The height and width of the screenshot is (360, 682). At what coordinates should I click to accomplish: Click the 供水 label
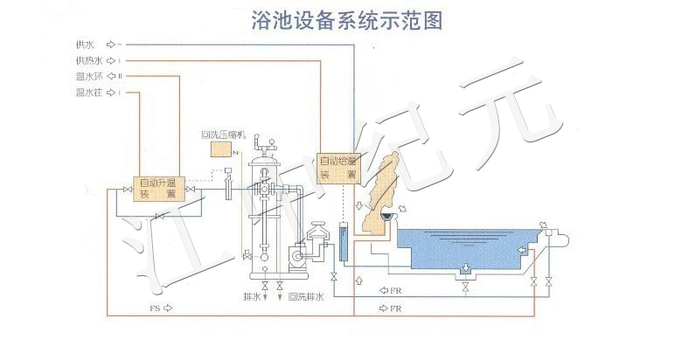coord(86,43)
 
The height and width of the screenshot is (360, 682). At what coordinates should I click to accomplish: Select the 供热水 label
coord(89,59)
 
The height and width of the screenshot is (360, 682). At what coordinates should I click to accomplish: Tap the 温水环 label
coord(89,76)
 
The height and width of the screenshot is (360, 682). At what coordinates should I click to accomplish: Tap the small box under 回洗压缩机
coord(222,150)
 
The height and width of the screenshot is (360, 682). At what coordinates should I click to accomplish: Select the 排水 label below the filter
coord(253,297)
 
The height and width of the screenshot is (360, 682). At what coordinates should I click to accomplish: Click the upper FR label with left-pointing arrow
coord(395,290)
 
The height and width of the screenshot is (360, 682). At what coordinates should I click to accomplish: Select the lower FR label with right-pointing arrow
coord(395,308)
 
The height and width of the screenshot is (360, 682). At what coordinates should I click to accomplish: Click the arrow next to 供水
coord(110,43)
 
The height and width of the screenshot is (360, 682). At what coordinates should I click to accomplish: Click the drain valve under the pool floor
coord(466,285)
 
